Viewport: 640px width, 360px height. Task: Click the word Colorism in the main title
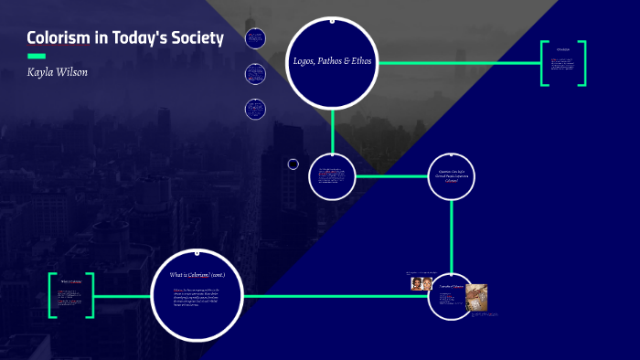pos(56,37)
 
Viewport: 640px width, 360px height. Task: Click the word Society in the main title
pos(191,37)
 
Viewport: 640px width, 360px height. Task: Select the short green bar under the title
pos(36,56)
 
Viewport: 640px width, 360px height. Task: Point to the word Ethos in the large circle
pos(362,61)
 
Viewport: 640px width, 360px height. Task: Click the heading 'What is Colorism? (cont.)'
pos(197,274)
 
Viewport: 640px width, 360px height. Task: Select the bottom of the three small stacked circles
pos(255,109)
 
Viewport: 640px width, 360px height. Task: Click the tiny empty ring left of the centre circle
pos(293,164)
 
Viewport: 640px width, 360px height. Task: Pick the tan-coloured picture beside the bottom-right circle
pos(475,298)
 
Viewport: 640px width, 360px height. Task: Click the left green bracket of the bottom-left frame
pos(52,295)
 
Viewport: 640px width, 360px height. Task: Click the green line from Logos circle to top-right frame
pos(457,63)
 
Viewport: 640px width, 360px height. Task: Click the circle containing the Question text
pos(453,176)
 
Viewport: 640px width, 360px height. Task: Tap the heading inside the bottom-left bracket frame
pos(72,281)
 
